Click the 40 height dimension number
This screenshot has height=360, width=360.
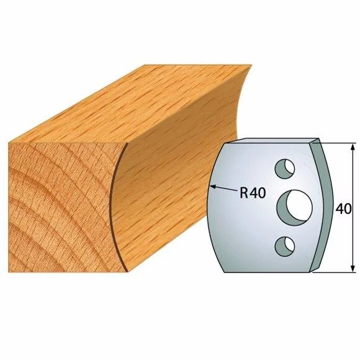tap(343, 209)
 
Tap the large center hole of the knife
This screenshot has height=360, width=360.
tap(295, 207)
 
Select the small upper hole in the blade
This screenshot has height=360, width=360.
tap(285, 168)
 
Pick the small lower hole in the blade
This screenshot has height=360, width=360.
tap(285, 246)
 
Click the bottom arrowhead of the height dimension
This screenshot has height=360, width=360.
tap(353, 269)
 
